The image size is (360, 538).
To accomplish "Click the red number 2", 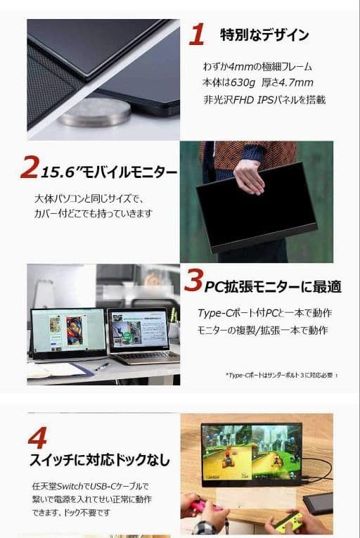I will (29, 168).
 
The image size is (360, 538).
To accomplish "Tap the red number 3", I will (193, 282).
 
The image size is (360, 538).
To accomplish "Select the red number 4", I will (37, 437).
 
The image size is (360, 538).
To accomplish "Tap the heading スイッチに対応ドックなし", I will (99, 461).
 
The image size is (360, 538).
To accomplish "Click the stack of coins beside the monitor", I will (94, 113).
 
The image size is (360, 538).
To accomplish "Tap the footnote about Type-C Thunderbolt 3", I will (281, 375).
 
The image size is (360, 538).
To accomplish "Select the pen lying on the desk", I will (102, 366).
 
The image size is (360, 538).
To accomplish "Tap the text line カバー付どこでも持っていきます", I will (93, 213).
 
